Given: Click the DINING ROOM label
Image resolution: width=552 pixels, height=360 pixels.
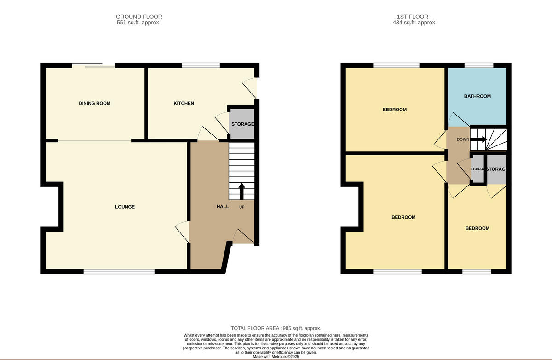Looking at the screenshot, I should (x=95, y=103).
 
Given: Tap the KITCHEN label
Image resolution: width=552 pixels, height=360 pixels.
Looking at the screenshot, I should (x=184, y=103).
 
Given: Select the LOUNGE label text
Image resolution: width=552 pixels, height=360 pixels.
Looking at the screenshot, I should (x=125, y=207).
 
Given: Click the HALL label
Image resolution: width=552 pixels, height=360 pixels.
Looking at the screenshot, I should (x=223, y=206).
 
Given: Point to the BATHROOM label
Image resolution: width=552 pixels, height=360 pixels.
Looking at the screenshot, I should (x=477, y=96).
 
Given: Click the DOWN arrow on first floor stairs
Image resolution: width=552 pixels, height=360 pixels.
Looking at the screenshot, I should (x=479, y=139).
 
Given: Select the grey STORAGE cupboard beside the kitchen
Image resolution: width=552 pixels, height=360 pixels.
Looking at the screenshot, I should (x=242, y=124).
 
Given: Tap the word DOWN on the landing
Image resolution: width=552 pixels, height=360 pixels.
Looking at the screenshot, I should (x=463, y=139).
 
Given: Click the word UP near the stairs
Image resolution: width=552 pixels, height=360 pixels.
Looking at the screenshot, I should (x=242, y=207).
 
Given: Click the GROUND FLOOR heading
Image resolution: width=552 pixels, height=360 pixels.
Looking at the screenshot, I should (x=138, y=17).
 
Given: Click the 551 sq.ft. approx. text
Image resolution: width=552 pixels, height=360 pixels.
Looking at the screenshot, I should (x=138, y=23).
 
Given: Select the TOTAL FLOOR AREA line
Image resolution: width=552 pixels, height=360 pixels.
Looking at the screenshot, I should (x=276, y=328).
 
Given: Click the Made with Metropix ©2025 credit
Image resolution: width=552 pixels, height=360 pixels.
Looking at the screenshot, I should (x=276, y=356).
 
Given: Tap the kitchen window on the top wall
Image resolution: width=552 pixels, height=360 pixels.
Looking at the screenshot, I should (x=201, y=65).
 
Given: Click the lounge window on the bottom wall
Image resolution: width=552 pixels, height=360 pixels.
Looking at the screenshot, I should (x=119, y=272).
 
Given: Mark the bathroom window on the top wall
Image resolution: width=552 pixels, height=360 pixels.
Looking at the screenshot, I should (x=479, y=65).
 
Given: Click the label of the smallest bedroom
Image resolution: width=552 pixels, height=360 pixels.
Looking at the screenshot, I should (x=477, y=228).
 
